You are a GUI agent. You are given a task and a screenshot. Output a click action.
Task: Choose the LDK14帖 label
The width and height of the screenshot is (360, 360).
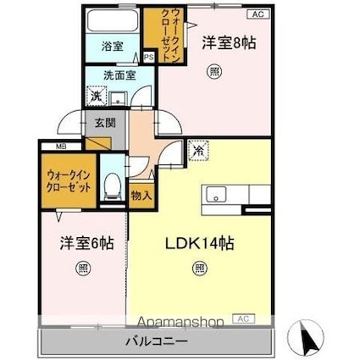[x=199, y=243]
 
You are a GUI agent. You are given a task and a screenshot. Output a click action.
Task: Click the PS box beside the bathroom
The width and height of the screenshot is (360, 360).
[x=149, y=58]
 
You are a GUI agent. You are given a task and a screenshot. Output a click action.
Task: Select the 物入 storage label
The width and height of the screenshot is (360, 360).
[x=141, y=195]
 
